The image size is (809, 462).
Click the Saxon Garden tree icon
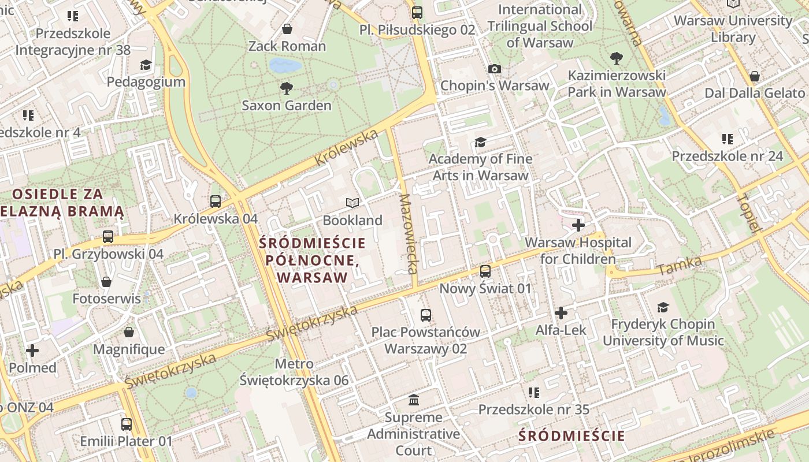(x=286, y=88)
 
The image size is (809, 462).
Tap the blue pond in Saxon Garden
(x=285, y=65)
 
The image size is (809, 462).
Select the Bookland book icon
(x=352, y=203)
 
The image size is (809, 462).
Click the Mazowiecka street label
(x=408, y=233)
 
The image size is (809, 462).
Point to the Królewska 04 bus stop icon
(x=216, y=202)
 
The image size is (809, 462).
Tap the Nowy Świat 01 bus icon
(x=485, y=271)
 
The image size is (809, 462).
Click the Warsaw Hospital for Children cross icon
(x=578, y=225)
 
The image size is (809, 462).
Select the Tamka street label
(x=679, y=266)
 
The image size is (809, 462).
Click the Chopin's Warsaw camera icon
(x=494, y=69)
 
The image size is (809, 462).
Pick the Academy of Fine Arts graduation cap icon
(x=480, y=142)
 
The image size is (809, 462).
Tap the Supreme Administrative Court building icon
(x=414, y=400)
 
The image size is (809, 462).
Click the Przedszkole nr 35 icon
(x=534, y=393)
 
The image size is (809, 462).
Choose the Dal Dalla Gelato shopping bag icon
(x=754, y=76)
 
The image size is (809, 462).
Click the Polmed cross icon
(x=32, y=351)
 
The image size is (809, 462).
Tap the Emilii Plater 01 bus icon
(x=127, y=424)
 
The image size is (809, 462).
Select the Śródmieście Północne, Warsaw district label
(x=313, y=260)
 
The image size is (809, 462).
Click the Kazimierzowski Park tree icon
(x=617, y=58)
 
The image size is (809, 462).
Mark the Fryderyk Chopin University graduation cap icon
(x=663, y=307)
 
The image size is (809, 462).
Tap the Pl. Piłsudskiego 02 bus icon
(x=417, y=12)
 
